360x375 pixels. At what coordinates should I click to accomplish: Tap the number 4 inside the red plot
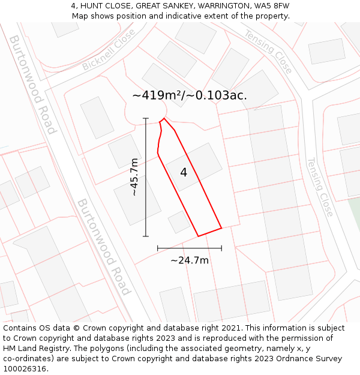(x=184, y=173)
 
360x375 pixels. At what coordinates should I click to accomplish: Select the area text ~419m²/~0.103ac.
(x=189, y=95)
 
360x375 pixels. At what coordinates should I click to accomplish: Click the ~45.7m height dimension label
(x=134, y=177)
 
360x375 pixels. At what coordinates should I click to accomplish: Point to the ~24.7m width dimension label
(x=190, y=260)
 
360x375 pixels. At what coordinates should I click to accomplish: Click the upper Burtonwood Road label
(x=32, y=84)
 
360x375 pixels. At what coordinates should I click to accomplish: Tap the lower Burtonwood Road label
(x=103, y=247)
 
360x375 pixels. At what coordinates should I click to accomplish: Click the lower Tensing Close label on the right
(x=320, y=187)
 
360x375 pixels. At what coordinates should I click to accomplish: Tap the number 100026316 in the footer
(x=25, y=369)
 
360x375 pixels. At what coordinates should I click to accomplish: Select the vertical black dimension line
(x=146, y=177)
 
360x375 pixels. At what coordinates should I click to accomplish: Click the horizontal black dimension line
(x=190, y=248)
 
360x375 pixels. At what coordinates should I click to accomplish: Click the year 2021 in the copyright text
(x=231, y=328)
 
